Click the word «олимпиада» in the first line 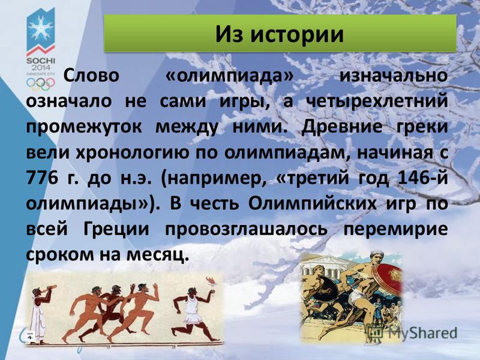[x=230, y=76]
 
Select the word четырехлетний [x=377, y=101]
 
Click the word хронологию [x=132, y=153]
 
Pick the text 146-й [x=422, y=178]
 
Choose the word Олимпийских [x=312, y=204]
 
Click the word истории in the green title [x=296, y=34]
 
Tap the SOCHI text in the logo [x=41, y=61]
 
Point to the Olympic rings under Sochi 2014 [x=40, y=83]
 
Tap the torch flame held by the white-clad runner [x=212, y=280]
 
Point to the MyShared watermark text [x=423, y=333]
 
